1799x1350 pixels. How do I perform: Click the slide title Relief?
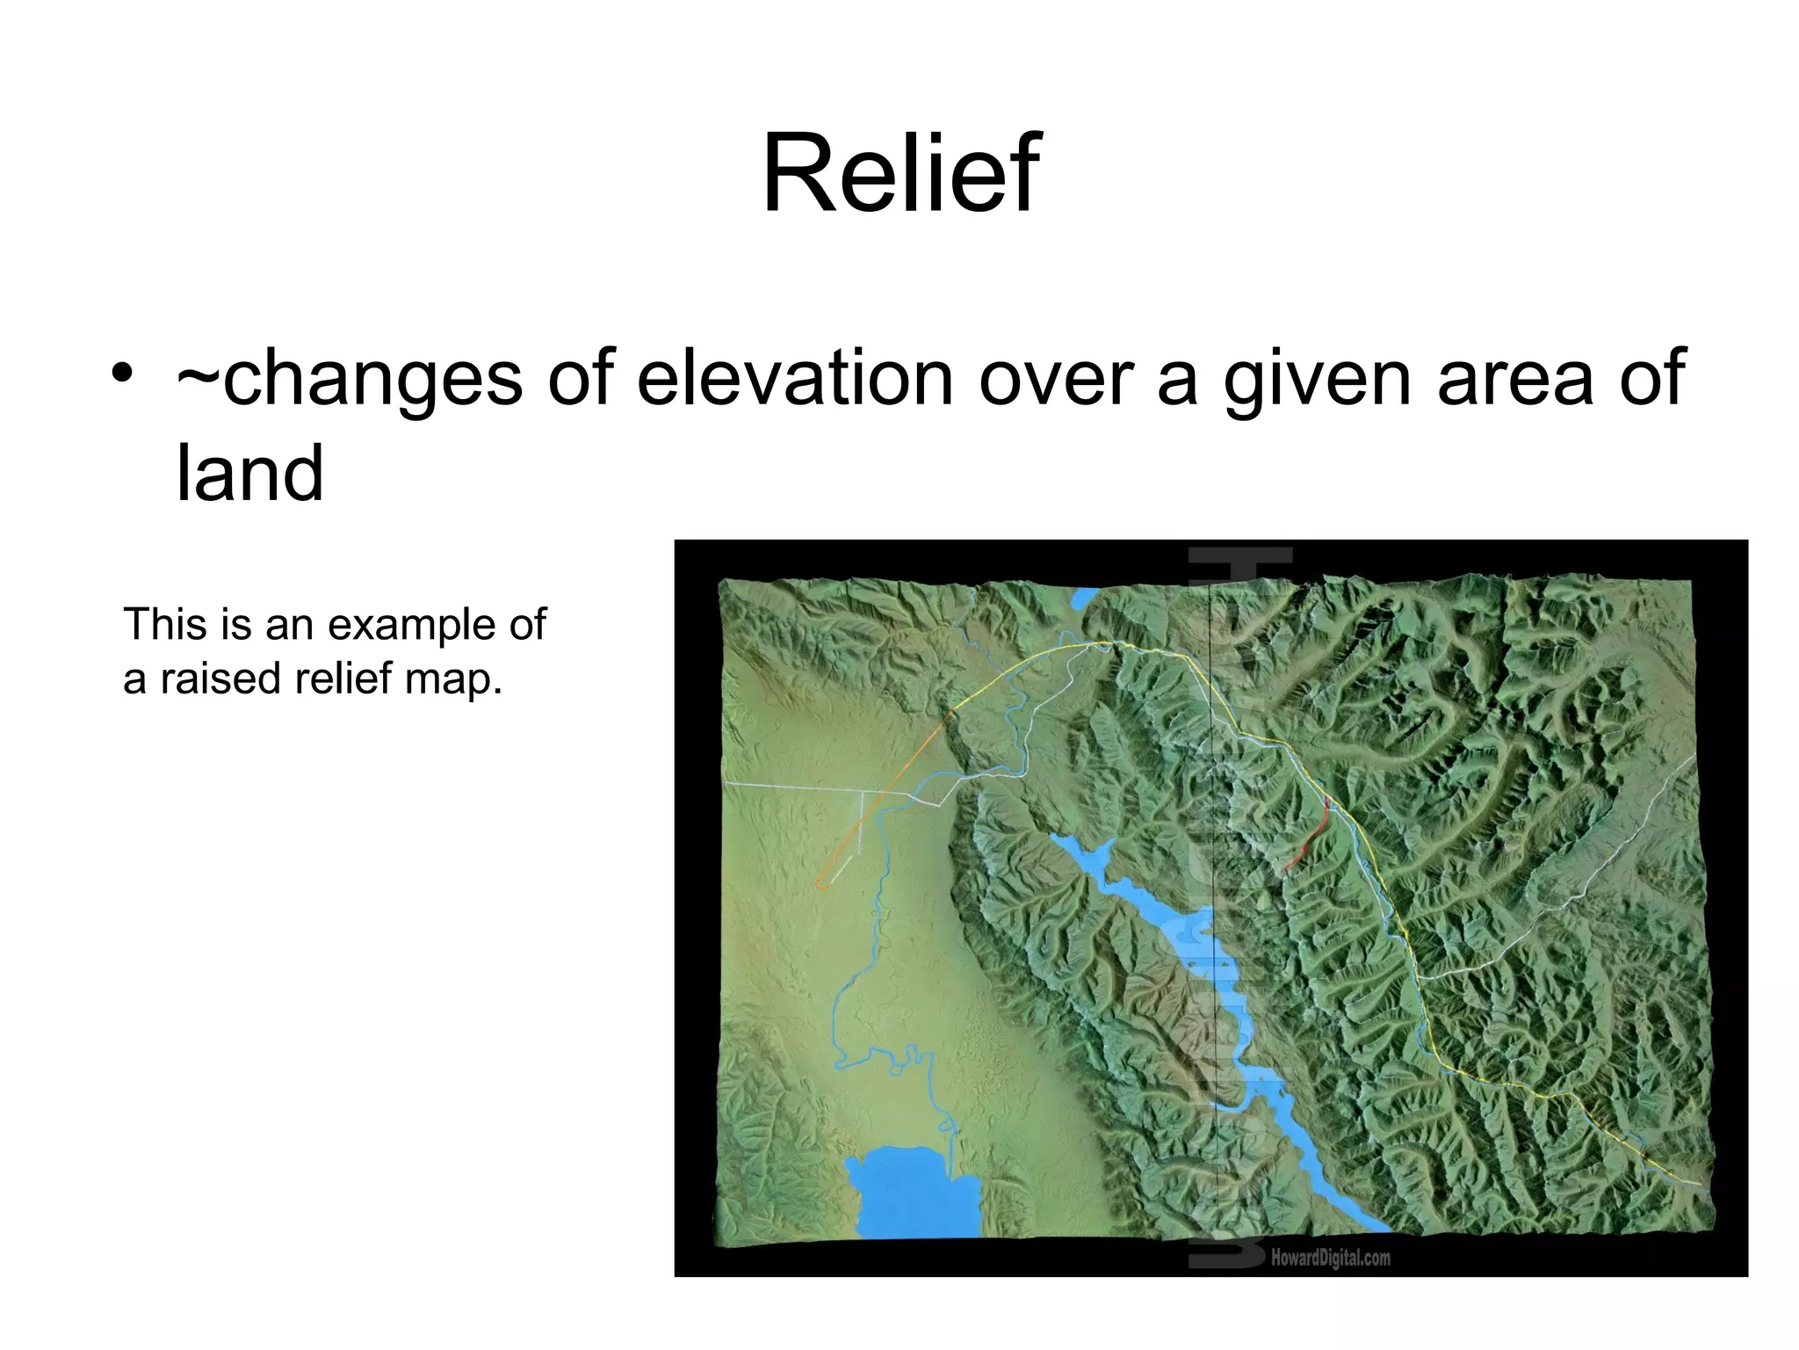pyautogui.click(x=900, y=173)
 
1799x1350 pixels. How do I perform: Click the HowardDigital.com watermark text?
pyautogui.click(x=1330, y=1258)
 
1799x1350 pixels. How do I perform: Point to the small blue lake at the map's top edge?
pyautogui.click(x=1083, y=601)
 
